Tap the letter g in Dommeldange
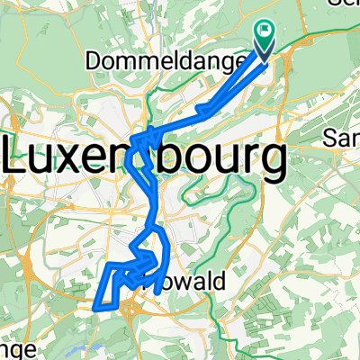(216, 64)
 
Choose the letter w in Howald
(188, 282)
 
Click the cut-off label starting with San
(343, 138)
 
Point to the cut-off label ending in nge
(13, 348)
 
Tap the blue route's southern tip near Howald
(156, 292)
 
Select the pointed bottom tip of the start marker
(265, 61)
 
